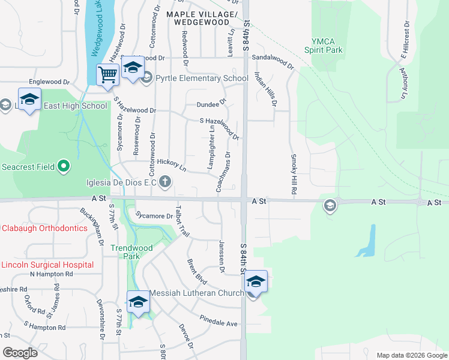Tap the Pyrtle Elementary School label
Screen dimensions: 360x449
coord(202,78)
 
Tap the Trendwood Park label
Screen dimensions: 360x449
coord(132,252)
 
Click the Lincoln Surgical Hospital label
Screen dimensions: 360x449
coord(47,265)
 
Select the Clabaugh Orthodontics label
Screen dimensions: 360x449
coord(44,228)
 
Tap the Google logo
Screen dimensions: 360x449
coord(20,352)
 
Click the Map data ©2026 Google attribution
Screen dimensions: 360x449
coord(411,355)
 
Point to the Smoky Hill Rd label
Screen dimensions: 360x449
coord(294,174)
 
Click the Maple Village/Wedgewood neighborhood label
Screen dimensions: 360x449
coord(202,18)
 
